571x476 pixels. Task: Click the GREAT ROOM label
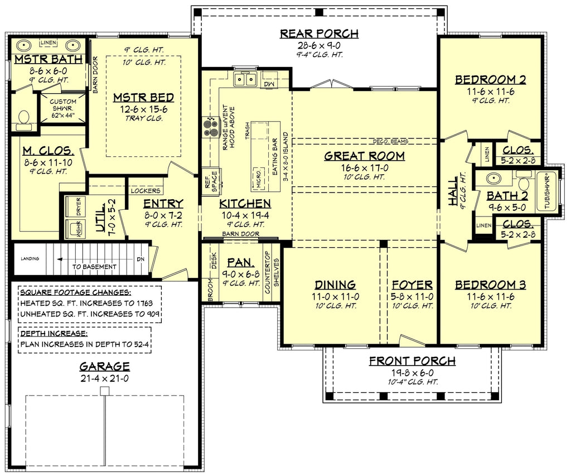[x=364, y=156]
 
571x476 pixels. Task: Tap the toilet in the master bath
[x=24, y=118]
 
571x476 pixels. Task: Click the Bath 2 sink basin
[x=492, y=180]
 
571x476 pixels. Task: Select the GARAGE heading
[x=104, y=367]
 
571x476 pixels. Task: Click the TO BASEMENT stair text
[x=94, y=267]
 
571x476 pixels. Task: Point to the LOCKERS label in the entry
[x=146, y=191]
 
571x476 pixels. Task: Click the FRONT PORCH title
[x=412, y=361]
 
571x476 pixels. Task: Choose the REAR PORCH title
[x=319, y=34]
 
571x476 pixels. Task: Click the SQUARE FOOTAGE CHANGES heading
[x=75, y=292]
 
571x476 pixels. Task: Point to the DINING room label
[x=335, y=285]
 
